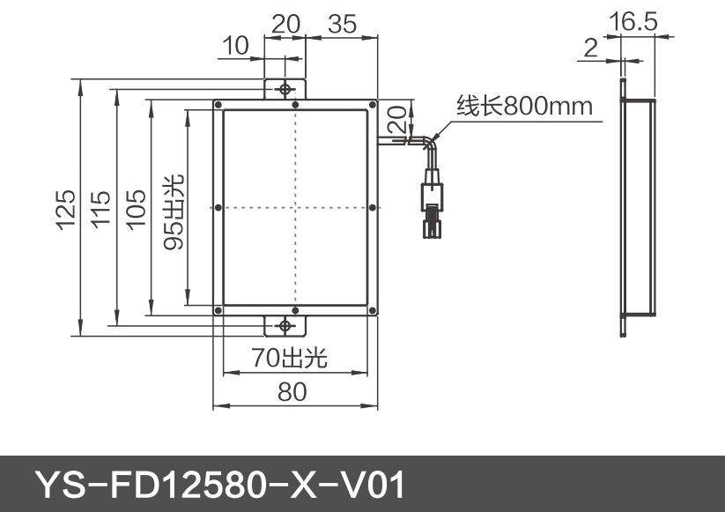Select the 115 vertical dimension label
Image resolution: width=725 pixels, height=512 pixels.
(x=100, y=210)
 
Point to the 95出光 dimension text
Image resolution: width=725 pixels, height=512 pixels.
(x=174, y=211)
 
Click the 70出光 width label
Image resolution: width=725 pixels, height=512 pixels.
(x=289, y=358)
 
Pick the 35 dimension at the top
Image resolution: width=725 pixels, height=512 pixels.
(x=342, y=24)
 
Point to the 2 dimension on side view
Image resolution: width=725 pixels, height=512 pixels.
(x=590, y=48)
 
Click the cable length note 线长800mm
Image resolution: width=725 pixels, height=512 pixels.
(x=523, y=107)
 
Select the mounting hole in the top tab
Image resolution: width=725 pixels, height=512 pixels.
(x=285, y=89)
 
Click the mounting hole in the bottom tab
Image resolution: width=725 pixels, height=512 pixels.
(x=285, y=326)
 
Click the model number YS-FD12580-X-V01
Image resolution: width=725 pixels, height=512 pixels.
(x=220, y=485)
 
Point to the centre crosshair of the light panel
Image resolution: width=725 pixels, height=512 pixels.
(x=295, y=207)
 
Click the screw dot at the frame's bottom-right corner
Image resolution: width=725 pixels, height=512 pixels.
(x=373, y=310)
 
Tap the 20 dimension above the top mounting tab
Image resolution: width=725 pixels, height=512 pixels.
(x=285, y=24)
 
